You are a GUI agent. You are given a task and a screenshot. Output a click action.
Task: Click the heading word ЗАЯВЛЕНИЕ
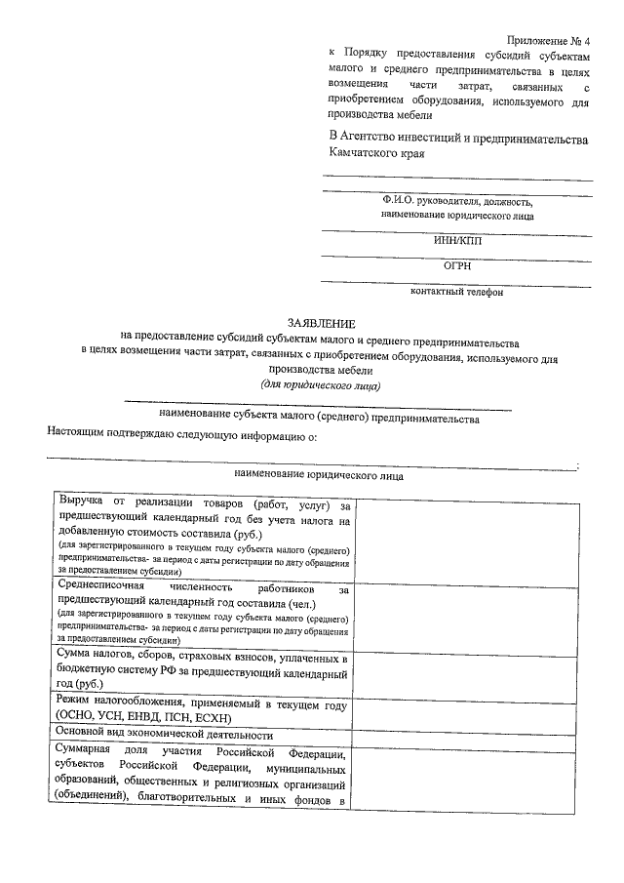(x=321, y=322)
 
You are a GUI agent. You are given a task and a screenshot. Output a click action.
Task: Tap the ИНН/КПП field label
(x=456, y=240)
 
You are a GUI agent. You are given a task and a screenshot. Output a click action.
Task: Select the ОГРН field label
(x=456, y=264)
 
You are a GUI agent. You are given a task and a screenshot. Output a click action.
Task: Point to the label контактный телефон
(x=456, y=291)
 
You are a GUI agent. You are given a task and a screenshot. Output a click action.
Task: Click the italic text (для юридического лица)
(x=321, y=385)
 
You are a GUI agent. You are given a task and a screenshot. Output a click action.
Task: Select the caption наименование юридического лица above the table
(x=318, y=475)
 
